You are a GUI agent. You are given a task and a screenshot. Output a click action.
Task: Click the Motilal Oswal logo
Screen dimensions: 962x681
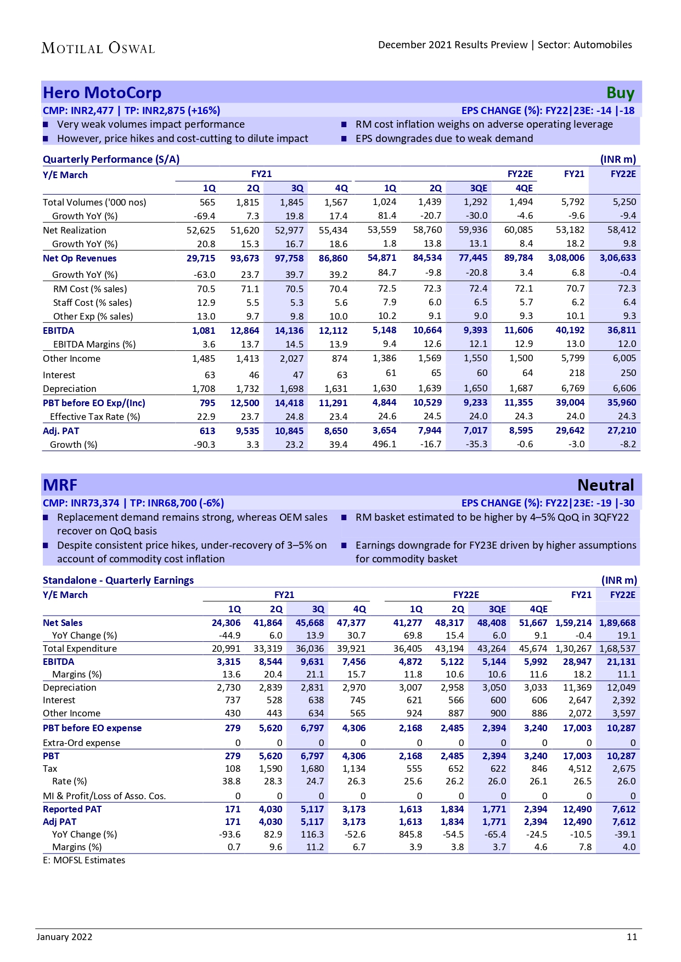coord(98,48)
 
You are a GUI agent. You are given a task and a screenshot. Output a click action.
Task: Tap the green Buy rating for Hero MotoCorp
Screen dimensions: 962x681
coord(620,93)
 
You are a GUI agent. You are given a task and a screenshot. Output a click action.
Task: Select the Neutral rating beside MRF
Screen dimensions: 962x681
coord(605,485)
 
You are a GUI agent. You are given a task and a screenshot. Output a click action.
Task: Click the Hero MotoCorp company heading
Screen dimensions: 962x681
coord(102,93)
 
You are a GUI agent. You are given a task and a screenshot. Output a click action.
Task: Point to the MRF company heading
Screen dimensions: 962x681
coord(60,485)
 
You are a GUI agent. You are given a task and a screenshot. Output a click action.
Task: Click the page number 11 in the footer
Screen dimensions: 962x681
coord(632,937)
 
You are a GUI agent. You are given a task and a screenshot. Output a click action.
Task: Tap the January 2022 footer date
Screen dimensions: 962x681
coord(64,937)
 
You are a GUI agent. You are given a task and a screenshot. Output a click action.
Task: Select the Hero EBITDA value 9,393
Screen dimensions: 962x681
coord(475,330)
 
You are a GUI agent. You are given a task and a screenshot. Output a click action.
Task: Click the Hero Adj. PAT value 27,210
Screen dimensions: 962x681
coord(621,430)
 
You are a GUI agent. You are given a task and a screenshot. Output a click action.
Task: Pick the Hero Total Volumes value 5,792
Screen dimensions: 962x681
coord(573,202)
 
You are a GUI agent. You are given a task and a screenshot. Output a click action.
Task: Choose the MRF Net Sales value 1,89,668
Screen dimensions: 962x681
coord(617,623)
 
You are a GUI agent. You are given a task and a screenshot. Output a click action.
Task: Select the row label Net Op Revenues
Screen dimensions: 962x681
coord(80,258)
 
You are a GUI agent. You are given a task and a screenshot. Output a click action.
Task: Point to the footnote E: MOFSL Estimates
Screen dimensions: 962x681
coord(84,860)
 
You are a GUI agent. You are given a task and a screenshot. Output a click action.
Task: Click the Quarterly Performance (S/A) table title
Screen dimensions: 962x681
coord(111,160)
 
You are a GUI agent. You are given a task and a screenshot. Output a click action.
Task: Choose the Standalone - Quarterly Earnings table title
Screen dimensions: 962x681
coord(118,580)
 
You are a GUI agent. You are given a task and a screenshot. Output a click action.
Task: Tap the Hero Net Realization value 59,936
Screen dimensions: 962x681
coord(472,230)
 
